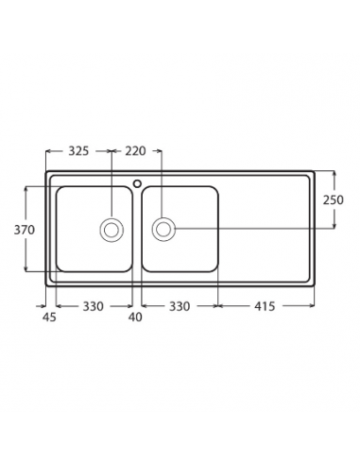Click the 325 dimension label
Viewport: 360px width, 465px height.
tap(78, 151)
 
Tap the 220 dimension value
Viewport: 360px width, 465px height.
tap(135, 151)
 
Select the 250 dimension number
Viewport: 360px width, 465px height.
tap(334, 199)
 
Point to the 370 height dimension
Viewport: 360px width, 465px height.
tap(25, 230)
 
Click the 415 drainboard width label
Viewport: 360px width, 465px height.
tap(265, 306)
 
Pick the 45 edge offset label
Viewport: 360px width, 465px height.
tap(49, 317)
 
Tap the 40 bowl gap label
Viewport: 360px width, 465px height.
tap(135, 317)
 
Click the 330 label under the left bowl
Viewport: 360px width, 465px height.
tap(94, 306)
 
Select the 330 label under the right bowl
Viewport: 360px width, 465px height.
tap(180, 306)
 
